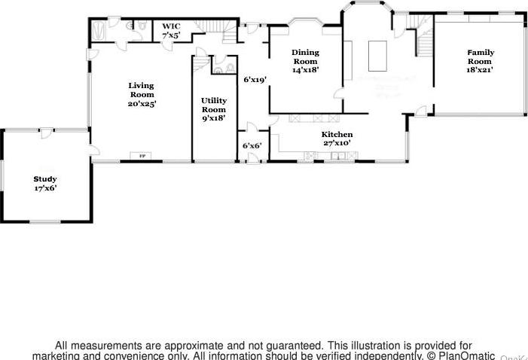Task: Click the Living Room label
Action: click(x=141, y=90)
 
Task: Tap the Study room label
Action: click(x=44, y=178)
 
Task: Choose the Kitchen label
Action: click(x=337, y=134)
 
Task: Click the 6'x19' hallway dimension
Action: click(x=255, y=78)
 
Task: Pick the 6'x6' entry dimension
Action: click(x=252, y=145)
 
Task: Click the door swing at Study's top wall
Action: click(x=47, y=133)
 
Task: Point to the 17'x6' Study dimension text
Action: click(x=44, y=188)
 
